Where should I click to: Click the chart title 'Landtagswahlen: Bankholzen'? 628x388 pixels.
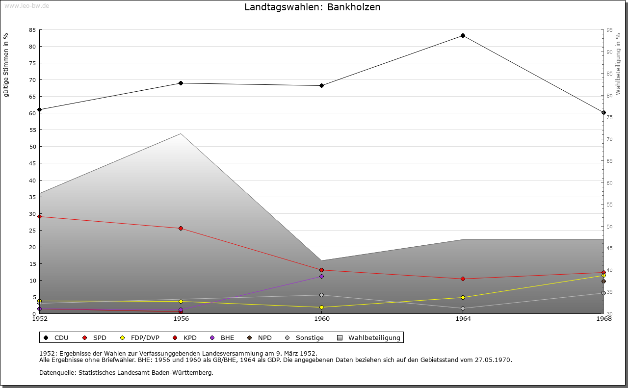coord(312,7)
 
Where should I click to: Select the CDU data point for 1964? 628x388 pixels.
coord(463,36)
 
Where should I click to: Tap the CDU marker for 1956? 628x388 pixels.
coord(181,83)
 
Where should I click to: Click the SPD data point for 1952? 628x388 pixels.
coord(40,216)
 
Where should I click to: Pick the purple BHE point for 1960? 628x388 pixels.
coord(322,277)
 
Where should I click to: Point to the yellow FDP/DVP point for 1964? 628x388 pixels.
coord(463,298)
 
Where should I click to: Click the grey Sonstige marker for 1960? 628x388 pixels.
coord(322,295)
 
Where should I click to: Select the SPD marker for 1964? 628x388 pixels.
coord(463,279)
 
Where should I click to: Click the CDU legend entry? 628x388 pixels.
coord(56,338)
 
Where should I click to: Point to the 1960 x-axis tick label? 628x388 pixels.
coord(322,319)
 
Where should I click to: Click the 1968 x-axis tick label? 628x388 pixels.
coord(603,319)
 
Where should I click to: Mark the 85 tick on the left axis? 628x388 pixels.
coord(32,30)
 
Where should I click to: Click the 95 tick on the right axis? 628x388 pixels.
coord(610,30)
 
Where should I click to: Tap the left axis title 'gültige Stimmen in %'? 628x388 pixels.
coord(6,65)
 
